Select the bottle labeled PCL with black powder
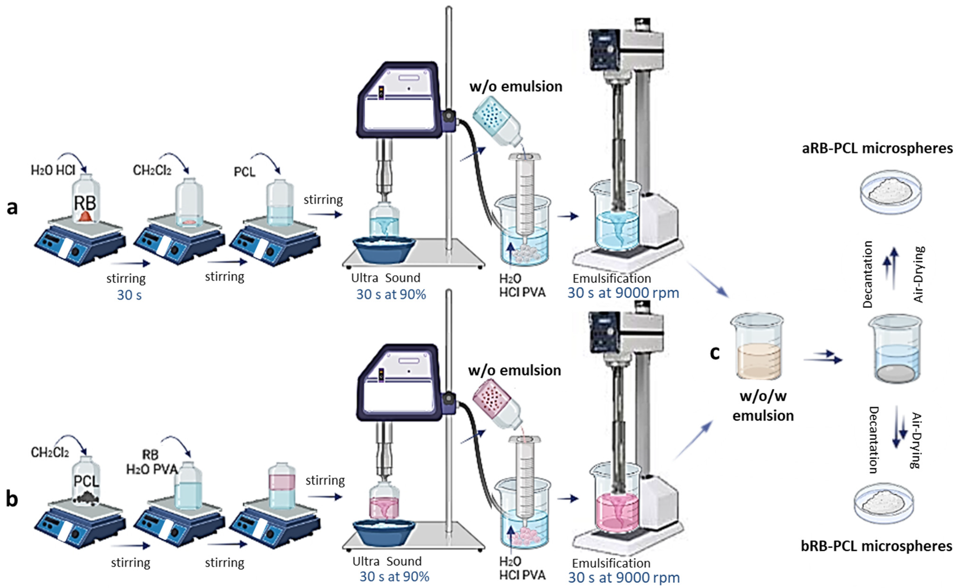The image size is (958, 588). click(x=86, y=482)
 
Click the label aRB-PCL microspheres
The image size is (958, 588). click(x=877, y=148)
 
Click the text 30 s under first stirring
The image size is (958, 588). click(x=129, y=295)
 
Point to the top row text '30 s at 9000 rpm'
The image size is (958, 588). click(x=623, y=293)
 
